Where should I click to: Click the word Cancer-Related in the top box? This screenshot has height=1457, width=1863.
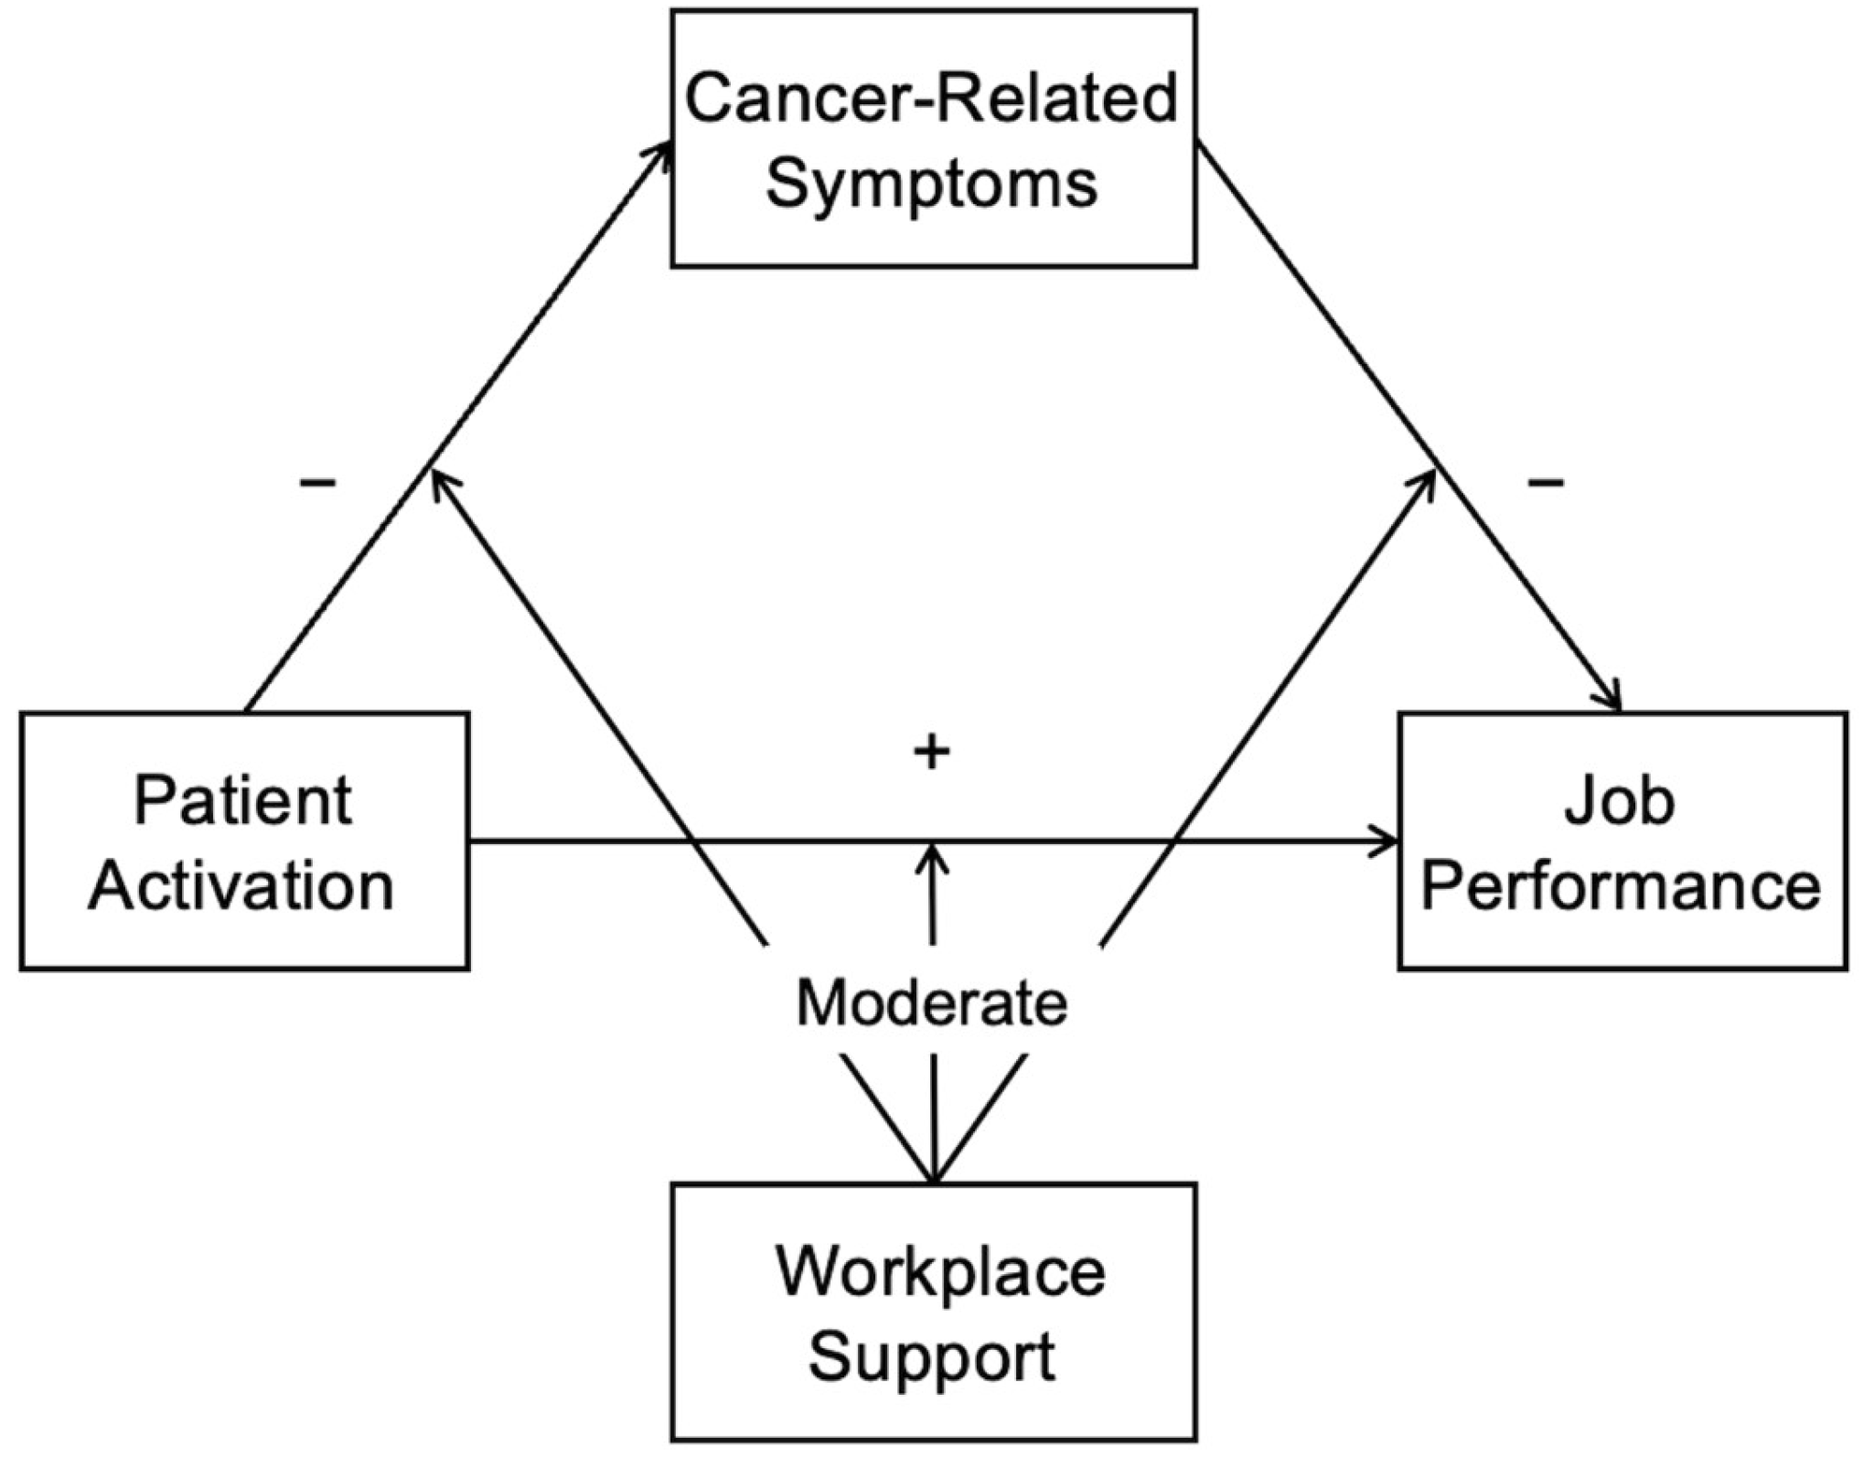click(931, 99)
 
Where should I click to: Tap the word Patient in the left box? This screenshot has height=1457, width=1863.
click(243, 800)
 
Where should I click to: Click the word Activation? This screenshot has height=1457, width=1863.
click(241, 886)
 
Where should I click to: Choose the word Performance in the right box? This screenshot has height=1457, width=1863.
click(1621, 886)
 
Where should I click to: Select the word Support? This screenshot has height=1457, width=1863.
click(931, 1355)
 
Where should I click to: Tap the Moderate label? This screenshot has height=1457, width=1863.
click(931, 1003)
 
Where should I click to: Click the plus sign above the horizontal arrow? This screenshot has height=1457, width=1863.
click(932, 752)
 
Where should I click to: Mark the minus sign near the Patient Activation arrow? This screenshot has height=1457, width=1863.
click(317, 482)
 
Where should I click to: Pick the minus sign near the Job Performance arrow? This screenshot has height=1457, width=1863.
click(1546, 482)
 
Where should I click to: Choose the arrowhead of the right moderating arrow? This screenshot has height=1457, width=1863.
click(1428, 479)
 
